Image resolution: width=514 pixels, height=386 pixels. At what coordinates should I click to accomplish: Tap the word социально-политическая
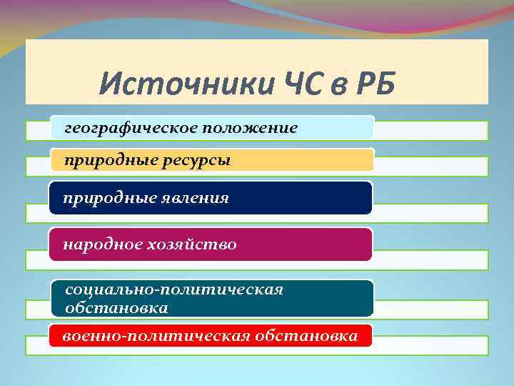pyautogui.click(x=174, y=290)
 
